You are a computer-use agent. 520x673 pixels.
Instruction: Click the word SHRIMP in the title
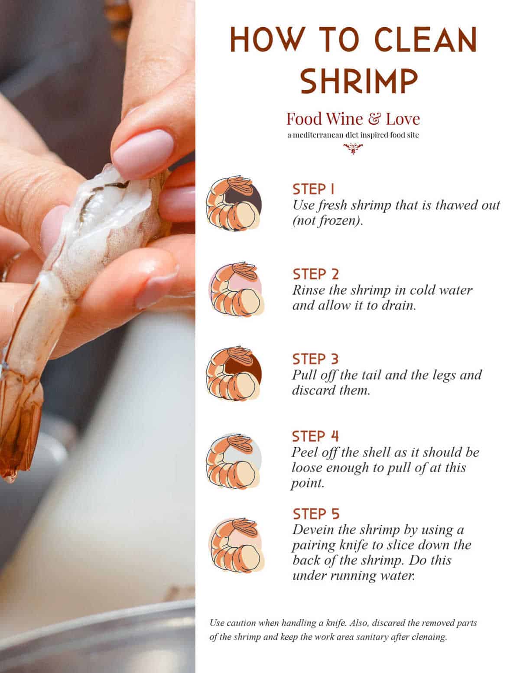pyautogui.click(x=359, y=80)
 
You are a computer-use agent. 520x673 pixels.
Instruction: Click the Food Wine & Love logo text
pyautogui.click(x=353, y=119)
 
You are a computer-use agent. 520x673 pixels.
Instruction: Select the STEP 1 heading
pyautogui.click(x=314, y=189)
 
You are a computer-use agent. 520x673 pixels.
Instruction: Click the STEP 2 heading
pyautogui.click(x=315, y=274)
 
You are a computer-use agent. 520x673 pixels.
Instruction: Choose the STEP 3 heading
pyautogui.click(x=315, y=359)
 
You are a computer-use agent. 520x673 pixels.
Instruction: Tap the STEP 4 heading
pyautogui.click(x=315, y=436)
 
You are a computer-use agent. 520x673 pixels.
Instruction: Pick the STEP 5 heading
pyautogui.click(x=316, y=514)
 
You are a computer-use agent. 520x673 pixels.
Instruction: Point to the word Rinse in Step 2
pyautogui.click(x=308, y=290)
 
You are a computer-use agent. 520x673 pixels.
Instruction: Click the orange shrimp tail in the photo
pyautogui.click(x=19, y=416)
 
